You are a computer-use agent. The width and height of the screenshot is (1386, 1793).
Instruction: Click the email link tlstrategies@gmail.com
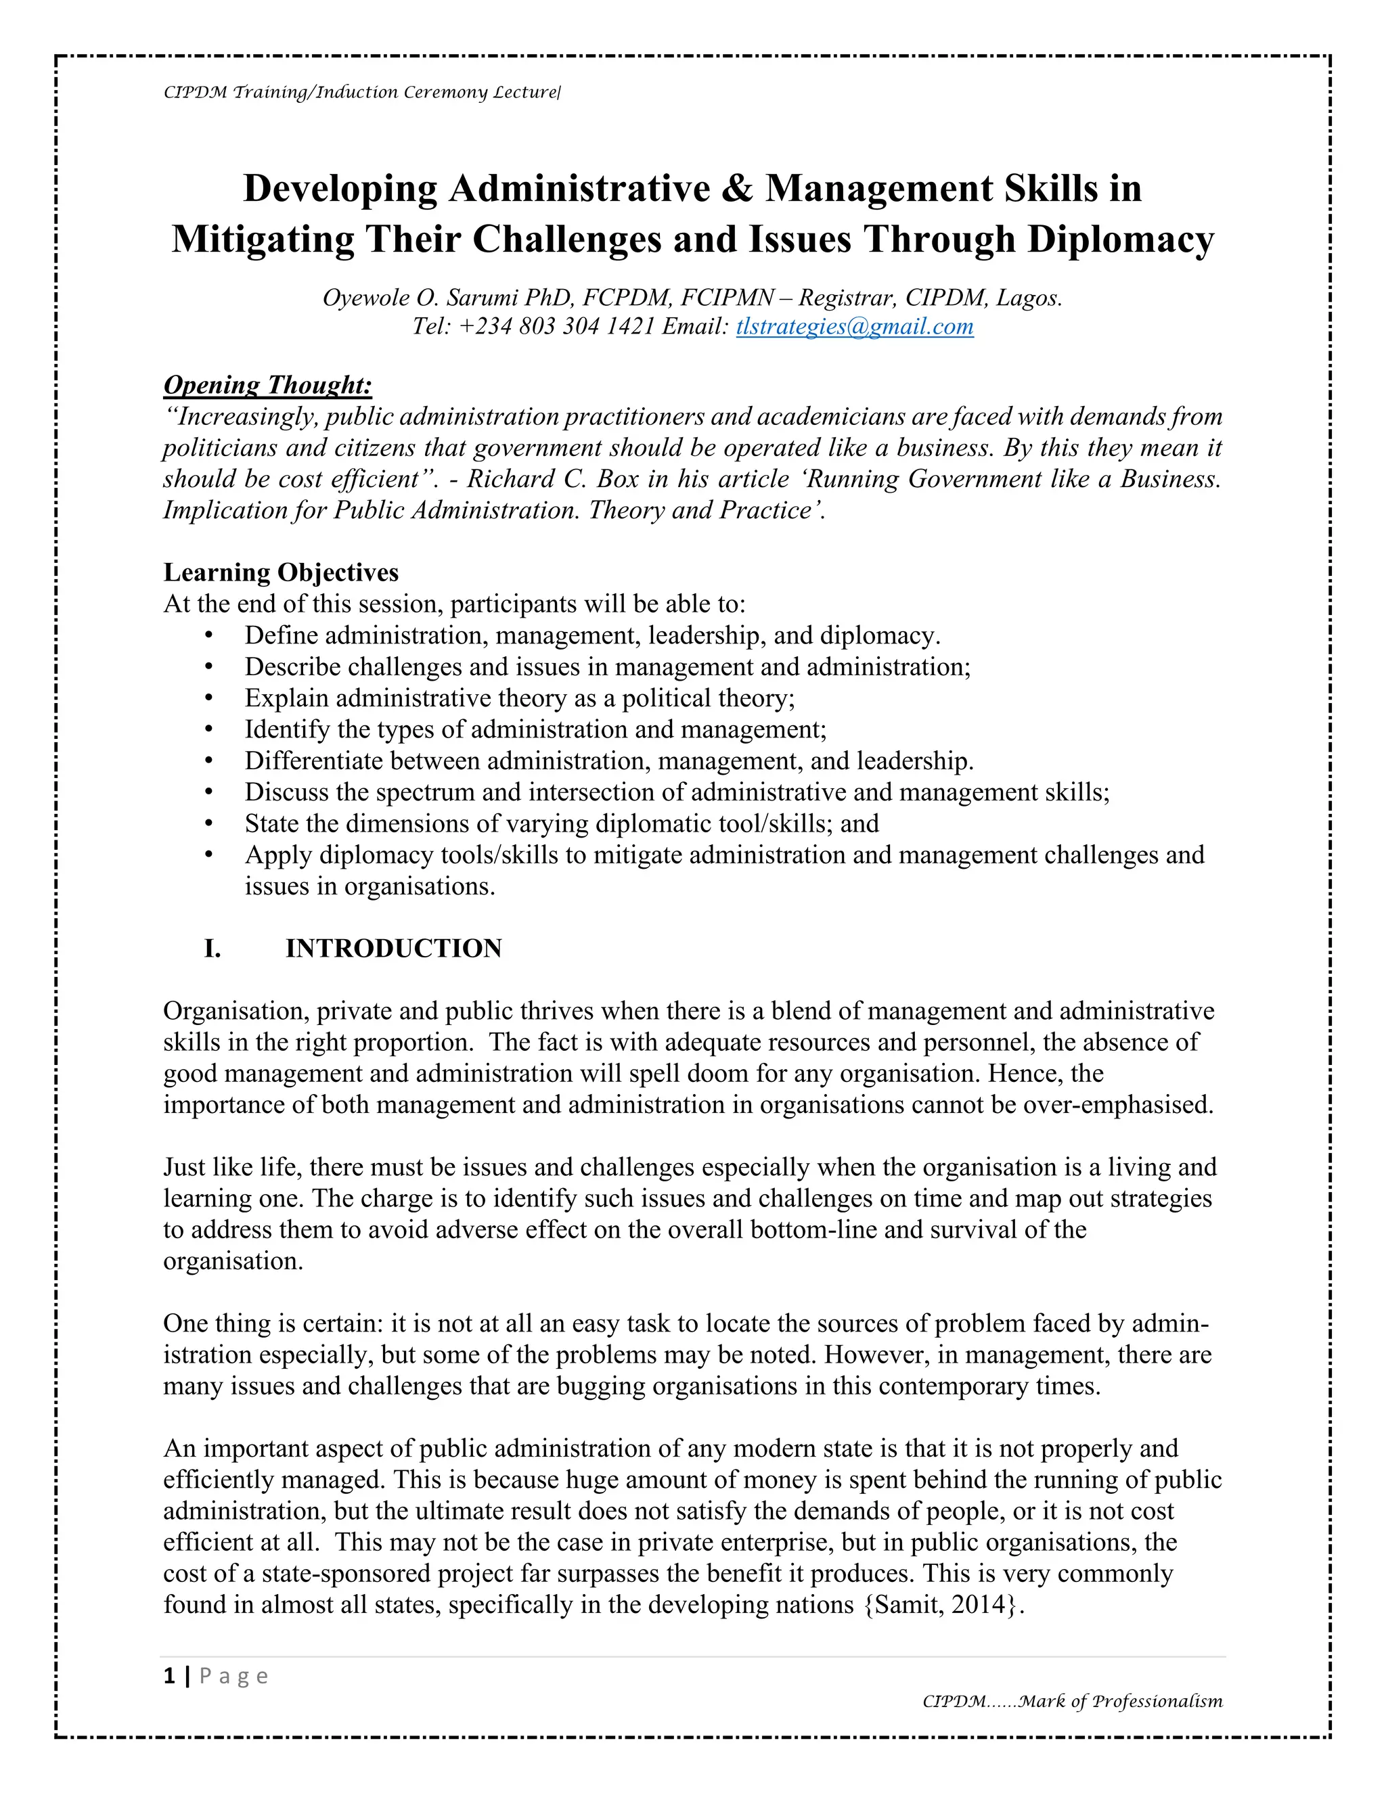point(854,327)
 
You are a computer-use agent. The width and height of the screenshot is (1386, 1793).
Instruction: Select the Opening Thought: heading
point(268,384)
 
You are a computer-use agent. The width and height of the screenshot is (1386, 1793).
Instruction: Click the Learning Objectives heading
point(281,572)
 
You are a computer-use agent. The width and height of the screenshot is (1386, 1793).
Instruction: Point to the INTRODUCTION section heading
point(393,948)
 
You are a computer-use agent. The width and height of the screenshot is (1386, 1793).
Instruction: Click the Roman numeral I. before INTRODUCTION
point(212,948)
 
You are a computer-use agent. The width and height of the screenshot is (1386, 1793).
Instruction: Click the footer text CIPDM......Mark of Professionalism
point(1073,1701)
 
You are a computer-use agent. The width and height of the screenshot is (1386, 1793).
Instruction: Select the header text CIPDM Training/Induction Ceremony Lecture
point(361,92)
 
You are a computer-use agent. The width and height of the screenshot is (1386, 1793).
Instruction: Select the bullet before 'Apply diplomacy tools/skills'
point(208,855)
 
